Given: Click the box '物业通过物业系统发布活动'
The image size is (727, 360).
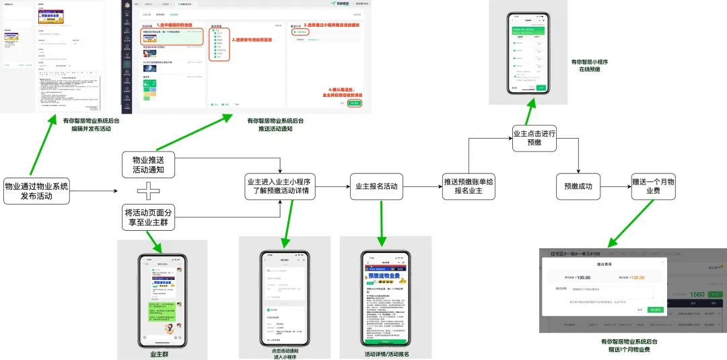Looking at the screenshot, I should (37, 192).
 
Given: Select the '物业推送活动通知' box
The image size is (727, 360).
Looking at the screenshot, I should (148, 164).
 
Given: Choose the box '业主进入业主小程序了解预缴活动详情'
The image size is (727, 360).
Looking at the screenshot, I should (279, 186).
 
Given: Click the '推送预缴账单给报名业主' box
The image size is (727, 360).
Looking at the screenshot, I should (469, 186).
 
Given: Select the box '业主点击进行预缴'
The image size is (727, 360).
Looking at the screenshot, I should (534, 139).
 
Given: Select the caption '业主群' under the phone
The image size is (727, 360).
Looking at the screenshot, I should (162, 354).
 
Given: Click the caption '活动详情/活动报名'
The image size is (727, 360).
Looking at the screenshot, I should (386, 354).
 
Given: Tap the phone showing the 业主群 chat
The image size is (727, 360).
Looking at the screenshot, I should (162, 299).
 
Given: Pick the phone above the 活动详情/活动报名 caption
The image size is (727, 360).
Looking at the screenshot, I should (385, 299).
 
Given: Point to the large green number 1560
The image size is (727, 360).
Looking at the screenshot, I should (697, 294).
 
